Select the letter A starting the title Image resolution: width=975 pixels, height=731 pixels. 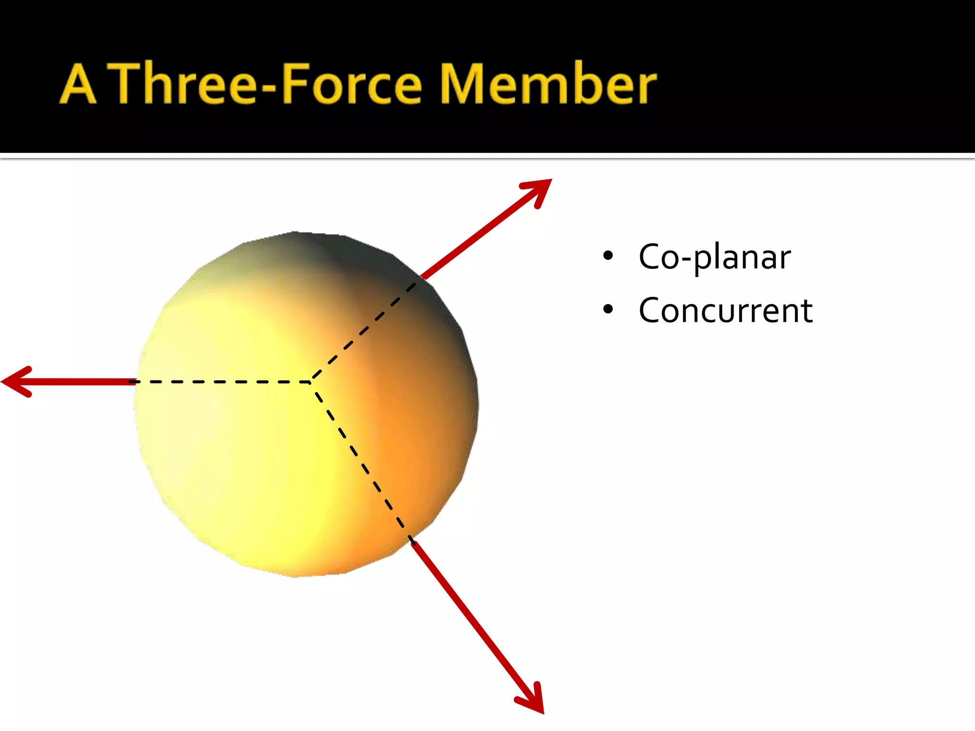point(78,85)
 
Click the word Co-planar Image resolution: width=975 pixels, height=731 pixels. point(714,257)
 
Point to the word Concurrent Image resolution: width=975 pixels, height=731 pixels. point(726,310)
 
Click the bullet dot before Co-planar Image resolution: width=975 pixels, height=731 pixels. point(608,256)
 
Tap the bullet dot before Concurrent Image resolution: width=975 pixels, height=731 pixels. point(608,310)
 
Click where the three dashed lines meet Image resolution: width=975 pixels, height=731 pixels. point(311,382)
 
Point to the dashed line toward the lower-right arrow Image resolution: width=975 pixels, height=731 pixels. point(362,462)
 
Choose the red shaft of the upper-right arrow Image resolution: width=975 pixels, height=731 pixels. point(476,236)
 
